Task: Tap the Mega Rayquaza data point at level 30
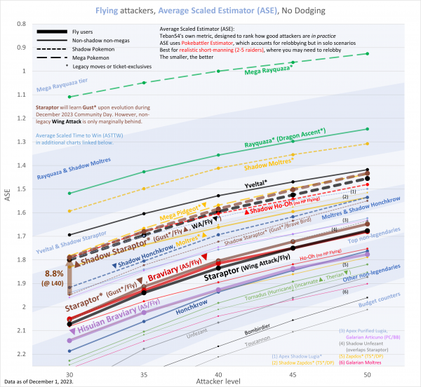click(69, 96)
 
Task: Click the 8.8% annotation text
click(54, 273)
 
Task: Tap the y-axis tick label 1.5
click(50, 189)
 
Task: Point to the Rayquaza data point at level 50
click(368, 129)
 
